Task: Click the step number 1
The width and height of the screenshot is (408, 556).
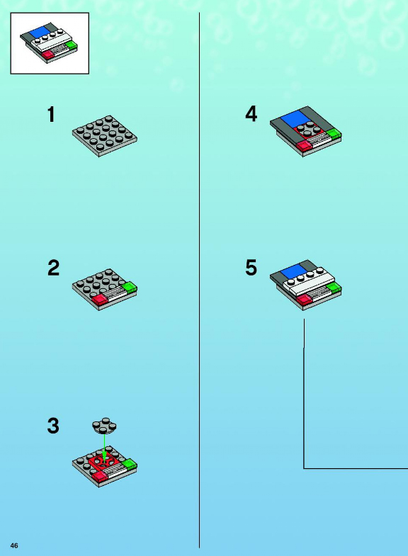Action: coord(52,115)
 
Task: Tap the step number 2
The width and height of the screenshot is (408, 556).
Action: coord(54,268)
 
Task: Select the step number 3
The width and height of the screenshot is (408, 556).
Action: coord(53,426)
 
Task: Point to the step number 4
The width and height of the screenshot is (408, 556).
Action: coord(251,114)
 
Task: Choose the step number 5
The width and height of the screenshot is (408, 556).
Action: coord(251,268)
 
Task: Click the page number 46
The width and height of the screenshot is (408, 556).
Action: coord(14,545)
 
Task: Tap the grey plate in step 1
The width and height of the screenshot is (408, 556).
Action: coord(105,136)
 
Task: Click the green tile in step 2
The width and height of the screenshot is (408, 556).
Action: coord(130,287)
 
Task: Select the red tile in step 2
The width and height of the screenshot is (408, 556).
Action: coord(100,300)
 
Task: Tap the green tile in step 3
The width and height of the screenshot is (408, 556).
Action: coord(129,464)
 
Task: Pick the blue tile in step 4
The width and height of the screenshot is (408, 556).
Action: coord(295,118)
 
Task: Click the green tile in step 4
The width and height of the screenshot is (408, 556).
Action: coord(334,134)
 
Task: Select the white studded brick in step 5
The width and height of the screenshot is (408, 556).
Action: coord(309,280)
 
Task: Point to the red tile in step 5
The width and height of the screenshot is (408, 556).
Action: coord(304,300)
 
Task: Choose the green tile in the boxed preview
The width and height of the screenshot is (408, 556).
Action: coord(72,45)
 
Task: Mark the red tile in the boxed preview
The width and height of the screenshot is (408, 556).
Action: coord(48,55)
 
